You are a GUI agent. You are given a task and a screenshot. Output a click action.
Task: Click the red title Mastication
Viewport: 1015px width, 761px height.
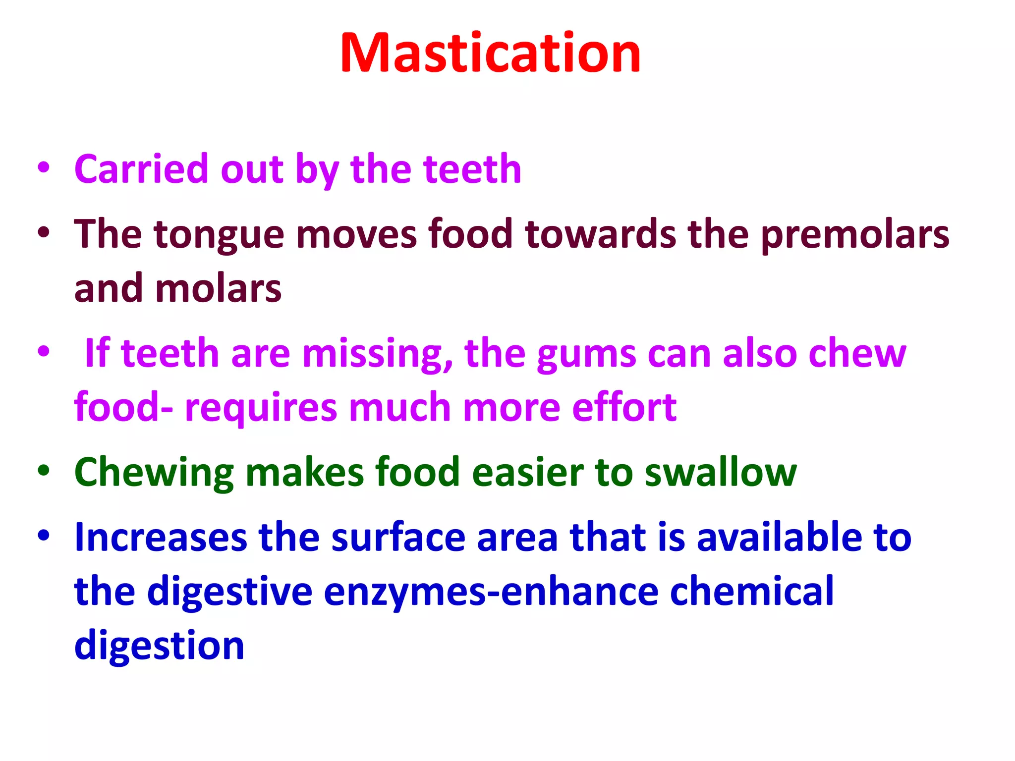pos(490,54)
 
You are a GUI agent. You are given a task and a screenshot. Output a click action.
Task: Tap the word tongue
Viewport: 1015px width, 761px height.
pos(219,235)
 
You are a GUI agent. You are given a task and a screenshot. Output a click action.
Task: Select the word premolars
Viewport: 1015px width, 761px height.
pos(854,235)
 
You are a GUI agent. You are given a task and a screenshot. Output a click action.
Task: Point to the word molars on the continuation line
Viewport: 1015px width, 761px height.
pos(219,289)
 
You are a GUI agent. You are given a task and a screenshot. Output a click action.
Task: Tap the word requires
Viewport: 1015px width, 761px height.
pos(261,408)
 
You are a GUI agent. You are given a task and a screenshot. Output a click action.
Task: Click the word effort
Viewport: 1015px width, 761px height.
pos(624,407)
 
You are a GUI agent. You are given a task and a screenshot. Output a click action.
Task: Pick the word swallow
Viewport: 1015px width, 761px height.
pos(721,472)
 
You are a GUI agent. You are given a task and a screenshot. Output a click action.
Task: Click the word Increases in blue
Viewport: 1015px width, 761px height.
pos(160,538)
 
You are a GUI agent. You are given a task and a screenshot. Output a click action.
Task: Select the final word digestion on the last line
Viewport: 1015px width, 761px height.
pos(159,646)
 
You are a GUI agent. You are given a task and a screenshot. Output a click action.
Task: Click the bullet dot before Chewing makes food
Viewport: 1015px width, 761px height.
pos(44,471)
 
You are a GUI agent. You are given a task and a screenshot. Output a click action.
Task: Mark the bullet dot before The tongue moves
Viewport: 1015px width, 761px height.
pos(44,232)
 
